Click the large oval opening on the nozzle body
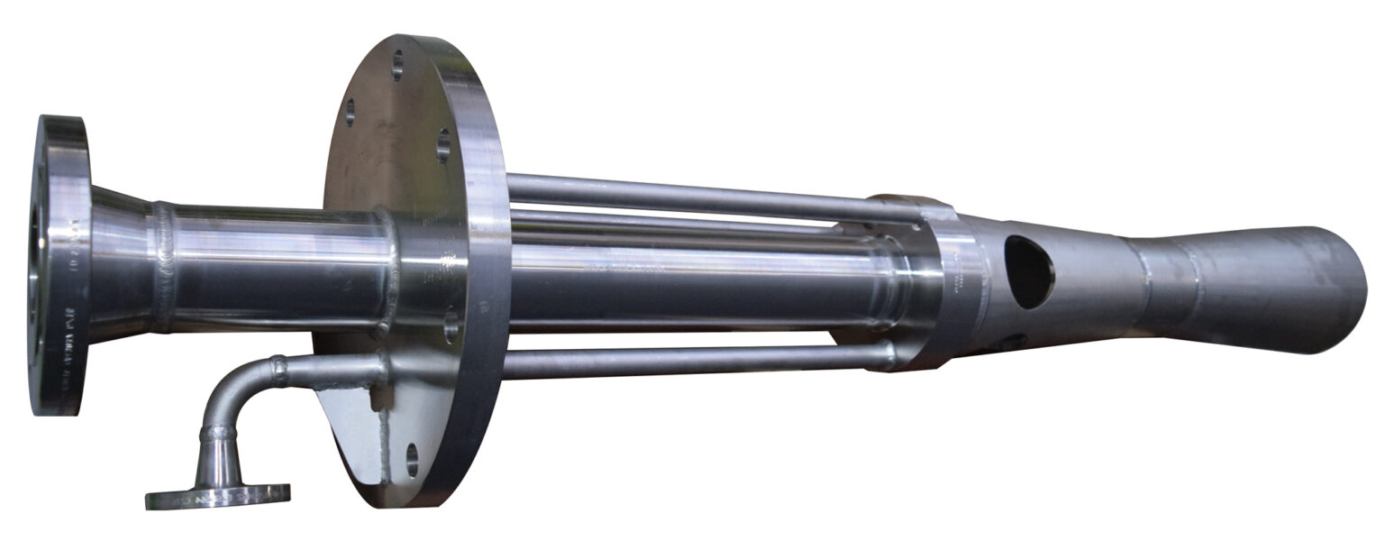point(1029,270)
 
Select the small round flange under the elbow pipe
point(217,495)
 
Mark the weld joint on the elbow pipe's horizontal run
point(278,370)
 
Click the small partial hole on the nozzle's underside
point(1011,342)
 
